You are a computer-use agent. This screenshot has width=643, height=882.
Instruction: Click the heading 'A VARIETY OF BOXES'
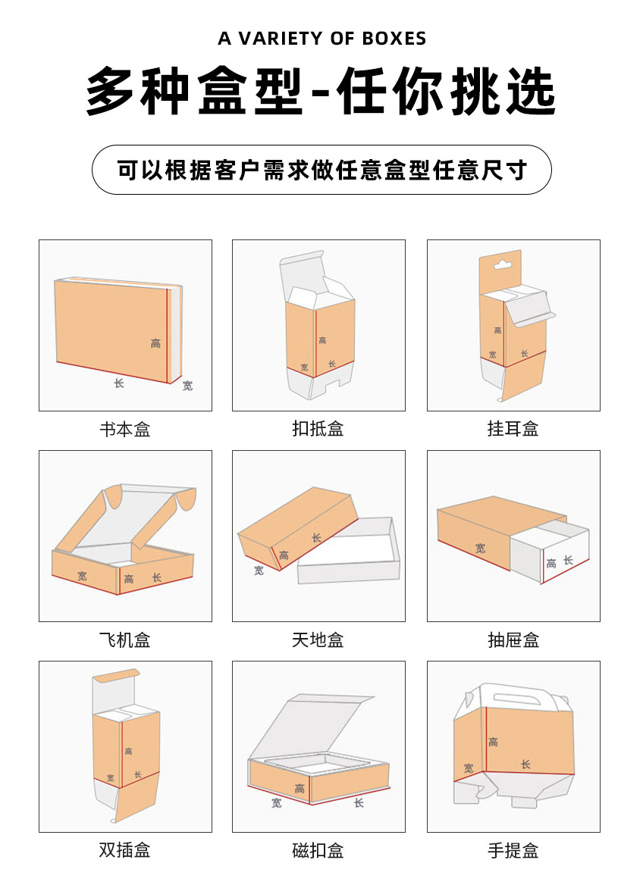pyautogui.click(x=321, y=39)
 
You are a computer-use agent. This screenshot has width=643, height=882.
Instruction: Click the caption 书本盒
pyautogui.click(x=125, y=430)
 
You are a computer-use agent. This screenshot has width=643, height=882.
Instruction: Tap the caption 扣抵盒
pyautogui.click(x=318, y=429)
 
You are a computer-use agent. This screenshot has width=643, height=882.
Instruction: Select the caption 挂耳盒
pyautogui.click(x=513, y=429)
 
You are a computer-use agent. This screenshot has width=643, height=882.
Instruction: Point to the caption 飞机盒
pyautogui.click(x=125, y=640)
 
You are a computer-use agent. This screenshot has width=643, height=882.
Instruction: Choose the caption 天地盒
pyautogui.click(x=318, y=640)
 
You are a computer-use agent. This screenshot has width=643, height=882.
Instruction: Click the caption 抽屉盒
pyautogui.click(x=513, y=640)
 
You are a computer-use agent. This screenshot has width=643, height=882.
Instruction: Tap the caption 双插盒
pyautogui.click(x=125, y=850)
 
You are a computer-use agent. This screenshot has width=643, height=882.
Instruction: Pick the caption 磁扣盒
pyautogui.click(x=318, y=850)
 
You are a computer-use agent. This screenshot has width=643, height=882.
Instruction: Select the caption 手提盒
pyautogui.click(x=513, y=850)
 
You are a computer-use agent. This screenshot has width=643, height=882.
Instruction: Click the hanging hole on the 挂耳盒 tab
pyautogui.click(x=500, y=265)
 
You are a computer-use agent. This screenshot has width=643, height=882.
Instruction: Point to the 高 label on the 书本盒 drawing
pyautogui.click(x=155, y=344)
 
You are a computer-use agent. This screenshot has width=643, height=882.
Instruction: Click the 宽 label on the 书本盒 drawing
pyautogui.click(x=187, y=386)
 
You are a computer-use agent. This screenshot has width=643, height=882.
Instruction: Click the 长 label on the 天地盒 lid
pyautogui.click(x=316, y=538)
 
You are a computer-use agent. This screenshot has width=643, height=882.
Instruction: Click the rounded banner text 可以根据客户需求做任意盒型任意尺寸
pyautogui.click(x=321, y=170)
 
